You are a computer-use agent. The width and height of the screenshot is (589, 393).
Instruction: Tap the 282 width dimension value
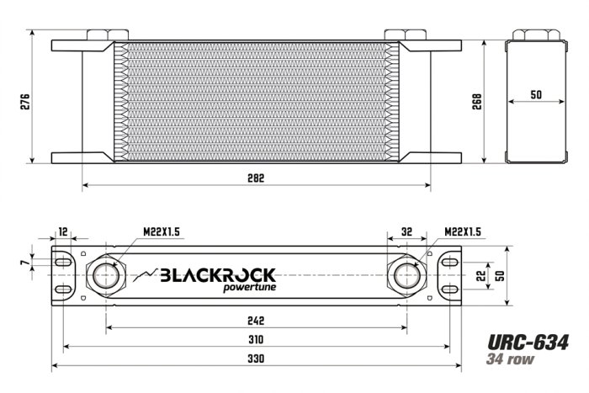pyautogui.click(x=257, y=178)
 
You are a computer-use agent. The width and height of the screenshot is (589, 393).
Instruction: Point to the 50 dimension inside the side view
pyautogui.click(x=536, y=95)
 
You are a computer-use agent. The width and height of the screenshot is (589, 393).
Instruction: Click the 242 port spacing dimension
pyautogui.click(x=257, y=321)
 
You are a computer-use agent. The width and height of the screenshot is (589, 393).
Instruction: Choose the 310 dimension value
pyautogui.click(x=257, y=340)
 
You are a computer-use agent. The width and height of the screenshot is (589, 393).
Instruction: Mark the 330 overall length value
pyautogui.click(x=257, y=359)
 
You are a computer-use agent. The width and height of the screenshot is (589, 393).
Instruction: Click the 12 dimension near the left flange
pyautogui.click(x=63, y=232)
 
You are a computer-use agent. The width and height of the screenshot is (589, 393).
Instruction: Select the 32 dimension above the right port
pyautogui.click(x=406, y=232)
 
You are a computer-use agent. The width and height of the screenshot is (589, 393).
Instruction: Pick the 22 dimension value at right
pyautogui.click(x=481, y=276)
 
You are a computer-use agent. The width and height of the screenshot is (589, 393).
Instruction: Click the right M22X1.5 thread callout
pyautogui.click(x=462, y=232)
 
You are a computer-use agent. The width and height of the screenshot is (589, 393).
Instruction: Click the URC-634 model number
pyautogui.click(x=528, y=342)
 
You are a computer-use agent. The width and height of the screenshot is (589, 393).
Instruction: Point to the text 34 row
pyautogui.click(x=511, y=358)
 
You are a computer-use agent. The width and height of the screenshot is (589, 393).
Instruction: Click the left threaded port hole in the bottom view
pyautogui.click(x=106, y=275)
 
